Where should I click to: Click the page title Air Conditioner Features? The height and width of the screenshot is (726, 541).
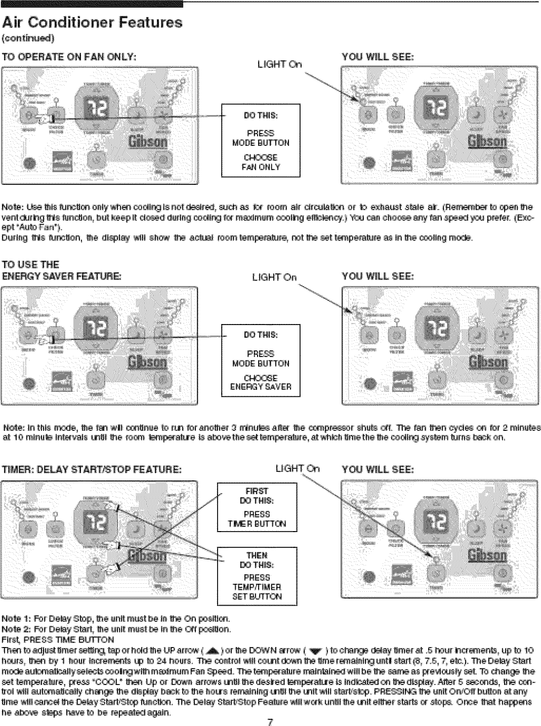pos(92,22)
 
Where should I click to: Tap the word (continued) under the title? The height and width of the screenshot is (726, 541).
pos(28,38)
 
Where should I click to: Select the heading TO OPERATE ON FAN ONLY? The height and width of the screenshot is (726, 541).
pos(69,57)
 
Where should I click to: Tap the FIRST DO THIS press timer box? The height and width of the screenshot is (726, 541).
pos(257,507)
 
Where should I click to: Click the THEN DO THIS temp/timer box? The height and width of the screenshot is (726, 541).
pos(257,576)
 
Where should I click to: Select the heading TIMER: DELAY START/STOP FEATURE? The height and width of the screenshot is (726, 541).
pos(92,469)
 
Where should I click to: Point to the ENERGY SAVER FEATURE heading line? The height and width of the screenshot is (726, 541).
pos(62,276)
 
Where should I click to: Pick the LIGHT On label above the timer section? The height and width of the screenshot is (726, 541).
pos(297,469)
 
